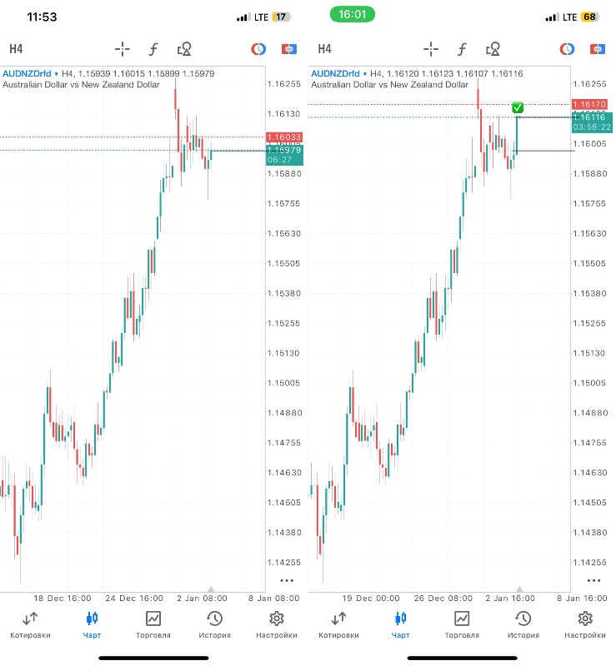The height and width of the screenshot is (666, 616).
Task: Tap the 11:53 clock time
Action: [42, 17]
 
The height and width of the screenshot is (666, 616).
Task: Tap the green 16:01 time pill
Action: [352, 15]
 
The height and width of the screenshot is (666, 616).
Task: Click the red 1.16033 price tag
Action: [284, 137]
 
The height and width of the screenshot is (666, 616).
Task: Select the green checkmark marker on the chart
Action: [518, 107]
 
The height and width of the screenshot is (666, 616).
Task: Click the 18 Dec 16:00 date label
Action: [63, 598]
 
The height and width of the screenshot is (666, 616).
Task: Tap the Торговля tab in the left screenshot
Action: [153, 624]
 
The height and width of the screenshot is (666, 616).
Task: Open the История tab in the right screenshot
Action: [523, 624]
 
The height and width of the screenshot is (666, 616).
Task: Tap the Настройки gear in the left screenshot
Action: [277, 624]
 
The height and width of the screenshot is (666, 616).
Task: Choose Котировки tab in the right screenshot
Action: [338, 624]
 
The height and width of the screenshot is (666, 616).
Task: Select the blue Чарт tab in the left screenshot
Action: [92, 624]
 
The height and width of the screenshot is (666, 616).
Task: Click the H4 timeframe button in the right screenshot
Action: [324, 48]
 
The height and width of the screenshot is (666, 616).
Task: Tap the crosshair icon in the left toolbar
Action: [123, 48]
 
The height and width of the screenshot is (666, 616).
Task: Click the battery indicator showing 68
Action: [589, 17]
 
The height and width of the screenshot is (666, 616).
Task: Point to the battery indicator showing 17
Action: [281, 17]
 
